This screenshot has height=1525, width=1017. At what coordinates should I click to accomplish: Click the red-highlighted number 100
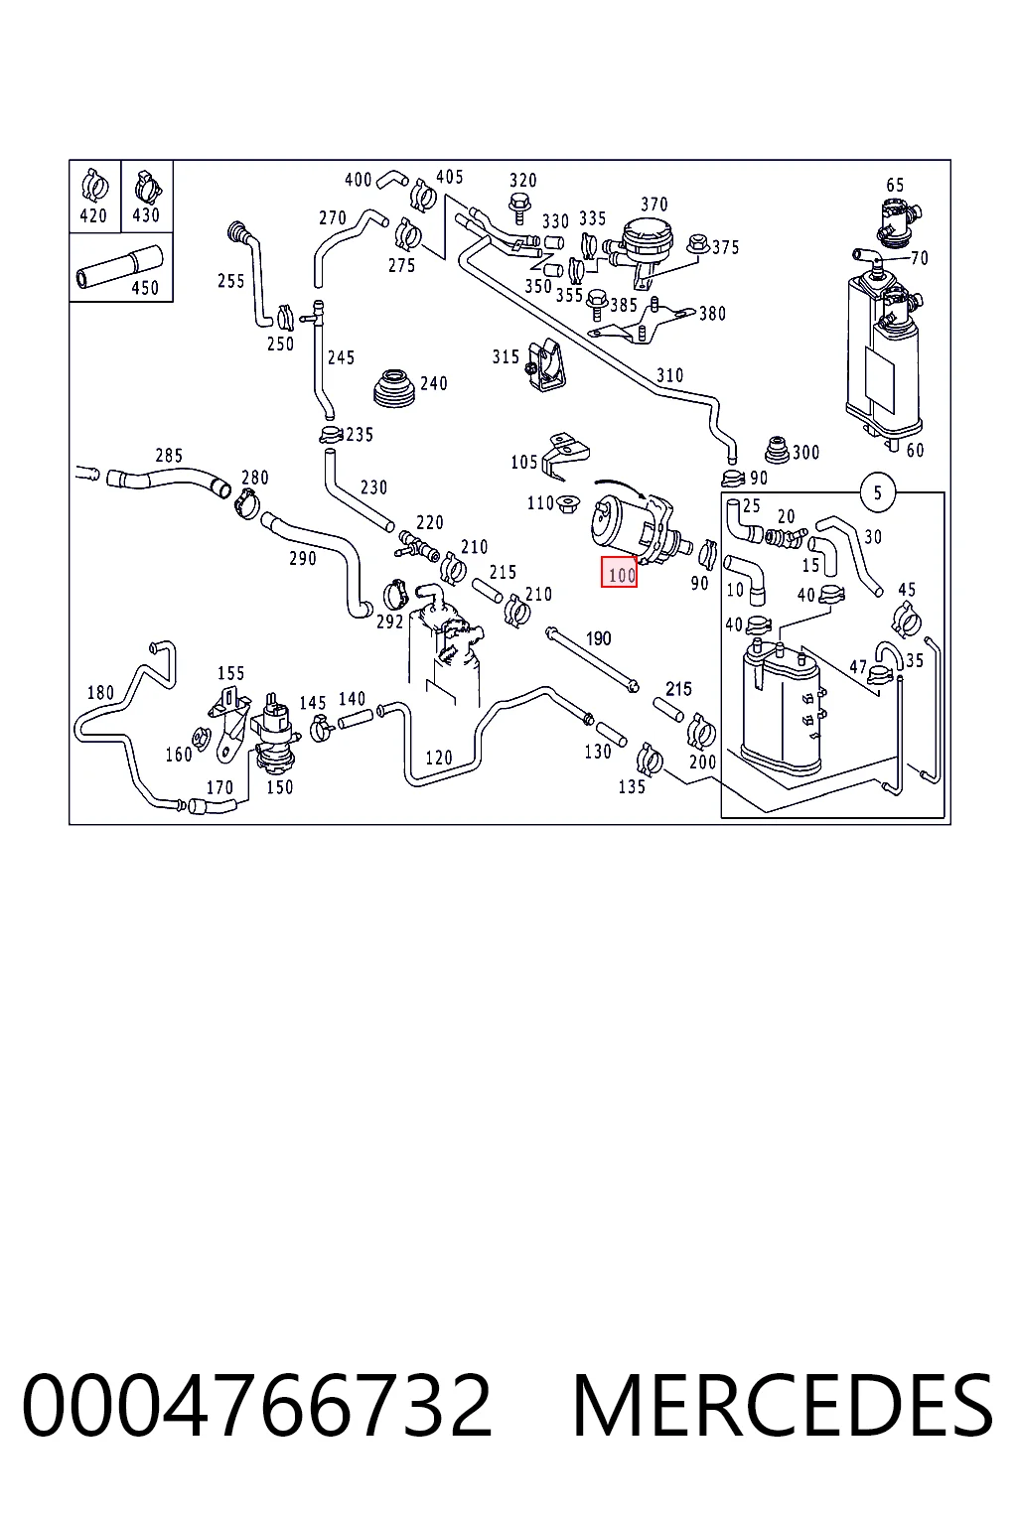[619, 572]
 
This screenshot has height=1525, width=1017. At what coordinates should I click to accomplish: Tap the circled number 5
[877, 492]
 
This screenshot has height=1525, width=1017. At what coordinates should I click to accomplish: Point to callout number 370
[654, 205]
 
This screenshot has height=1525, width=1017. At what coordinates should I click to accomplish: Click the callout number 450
[144, 288]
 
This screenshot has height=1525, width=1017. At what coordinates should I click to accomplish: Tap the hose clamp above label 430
[147, 186]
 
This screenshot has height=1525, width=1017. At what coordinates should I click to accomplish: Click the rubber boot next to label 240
[394, 388]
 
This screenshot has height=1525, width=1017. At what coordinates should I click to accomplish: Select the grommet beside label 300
[777, 451]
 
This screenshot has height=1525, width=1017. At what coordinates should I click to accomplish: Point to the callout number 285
[169, 455]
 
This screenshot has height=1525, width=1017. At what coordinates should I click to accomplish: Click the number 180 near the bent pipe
[101, 692]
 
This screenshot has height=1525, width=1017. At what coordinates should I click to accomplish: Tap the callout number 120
[439, 758]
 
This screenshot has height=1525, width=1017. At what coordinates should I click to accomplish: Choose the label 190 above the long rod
[598, 638]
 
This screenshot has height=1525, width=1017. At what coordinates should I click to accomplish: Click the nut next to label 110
[567, 504]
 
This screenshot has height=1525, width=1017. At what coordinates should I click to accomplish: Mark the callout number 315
[506, 356]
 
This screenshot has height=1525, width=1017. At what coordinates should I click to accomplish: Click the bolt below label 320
[519, 208]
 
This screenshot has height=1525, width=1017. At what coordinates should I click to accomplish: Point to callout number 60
[915, 450]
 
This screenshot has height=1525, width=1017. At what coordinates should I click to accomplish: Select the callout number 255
[231, 281]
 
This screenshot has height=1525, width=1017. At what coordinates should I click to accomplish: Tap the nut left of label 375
[697, 243]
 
